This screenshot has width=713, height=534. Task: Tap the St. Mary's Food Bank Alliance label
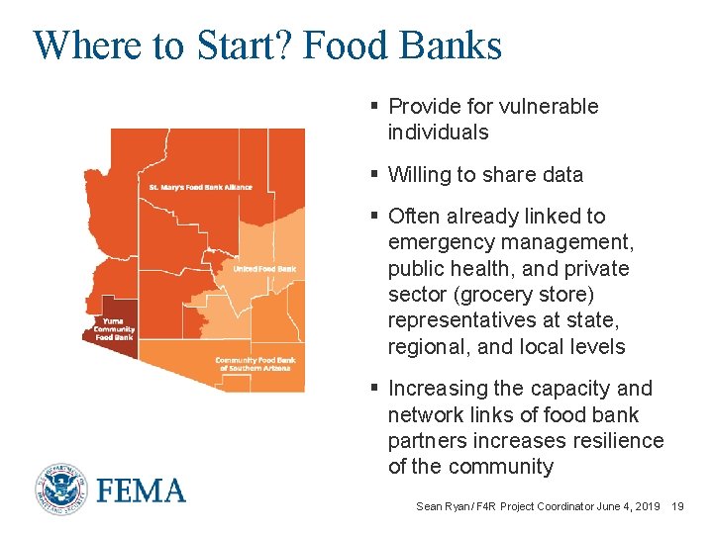click(x=200, y=187)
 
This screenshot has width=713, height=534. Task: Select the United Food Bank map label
click(x=264, y=269)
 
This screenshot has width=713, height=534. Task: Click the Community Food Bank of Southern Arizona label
click(x=255, y=364)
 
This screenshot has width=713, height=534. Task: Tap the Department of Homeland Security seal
click(x=62, y=490)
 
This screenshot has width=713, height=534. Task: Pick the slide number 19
click(x=677, y=506)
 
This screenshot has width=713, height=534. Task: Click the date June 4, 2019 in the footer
click(x=629, y=506)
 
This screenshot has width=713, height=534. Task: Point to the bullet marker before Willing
click(x=374, y=175)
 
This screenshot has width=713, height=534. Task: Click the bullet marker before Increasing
click(x=374, y=389)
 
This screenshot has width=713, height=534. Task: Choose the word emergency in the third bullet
click(x=437, y=242)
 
